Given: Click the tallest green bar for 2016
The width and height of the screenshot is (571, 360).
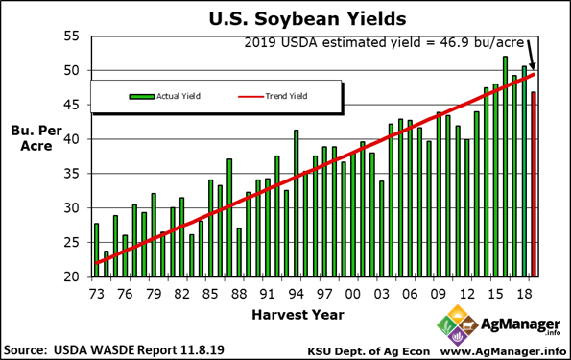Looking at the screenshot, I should click(505, 166).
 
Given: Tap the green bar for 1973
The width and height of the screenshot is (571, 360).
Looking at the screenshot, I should click(96, 250).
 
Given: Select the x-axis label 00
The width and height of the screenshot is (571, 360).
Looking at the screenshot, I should click(353, 293).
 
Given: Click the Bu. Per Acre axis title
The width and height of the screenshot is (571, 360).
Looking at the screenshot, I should click(31, 139).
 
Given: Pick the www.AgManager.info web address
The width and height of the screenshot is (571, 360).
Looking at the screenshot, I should click(504, 348).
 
